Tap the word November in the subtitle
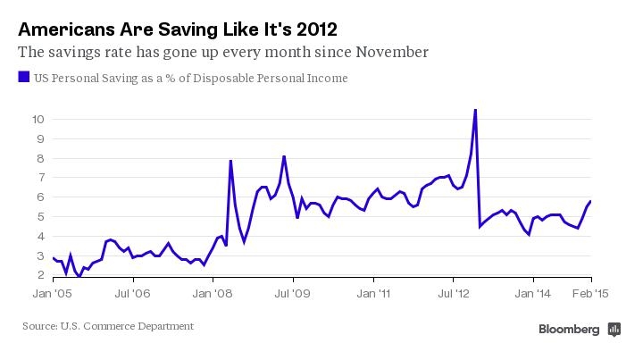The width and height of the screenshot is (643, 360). (385, 52)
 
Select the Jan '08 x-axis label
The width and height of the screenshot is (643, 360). (214, 292)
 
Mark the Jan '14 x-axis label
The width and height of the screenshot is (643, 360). (535, 292)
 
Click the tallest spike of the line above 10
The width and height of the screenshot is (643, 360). (474, 110)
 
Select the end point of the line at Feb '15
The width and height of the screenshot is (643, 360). (590, 201)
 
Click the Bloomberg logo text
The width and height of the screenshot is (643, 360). (569, 330)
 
